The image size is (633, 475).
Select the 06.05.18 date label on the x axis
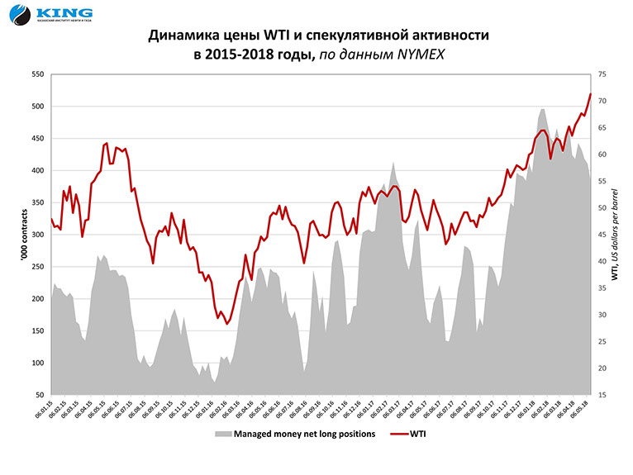coord(583,411)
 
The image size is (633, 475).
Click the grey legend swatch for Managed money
coord(222,433)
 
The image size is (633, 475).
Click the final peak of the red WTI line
coord(590,93)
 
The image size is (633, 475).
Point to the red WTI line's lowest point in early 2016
coord(227,323)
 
